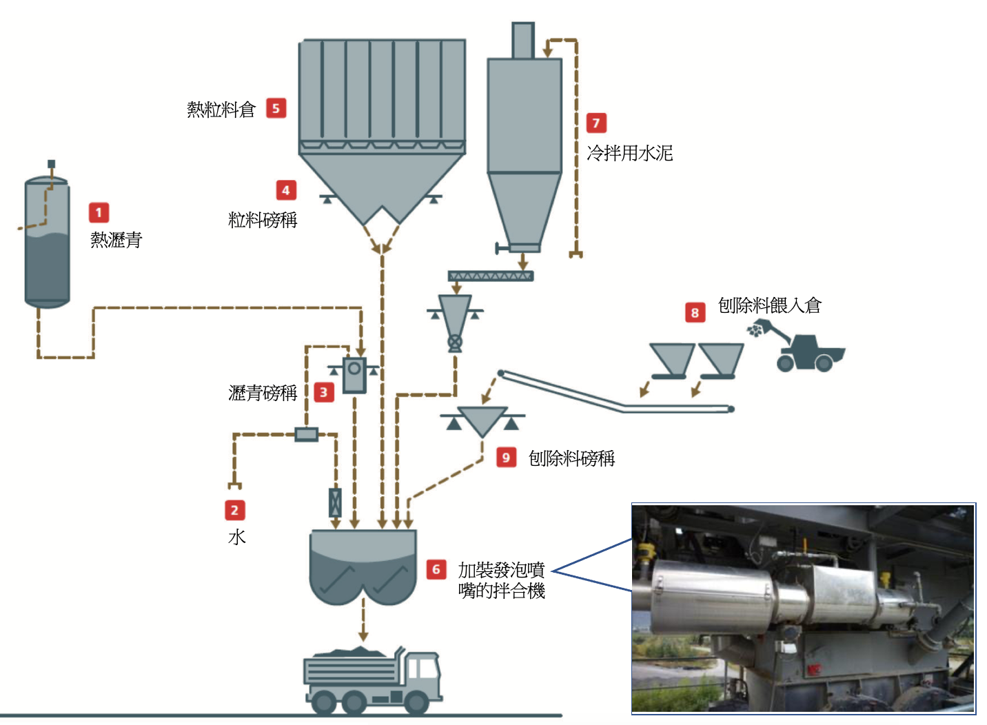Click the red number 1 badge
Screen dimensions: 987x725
[x=99, y=213]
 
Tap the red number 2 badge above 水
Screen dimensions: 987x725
[x=235, y=510]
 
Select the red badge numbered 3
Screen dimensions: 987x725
[x=324, y=392]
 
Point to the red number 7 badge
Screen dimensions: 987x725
[x=596, y=123]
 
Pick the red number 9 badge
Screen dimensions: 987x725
[x=507, y=457]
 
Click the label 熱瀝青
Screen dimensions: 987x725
[x=116, y=240]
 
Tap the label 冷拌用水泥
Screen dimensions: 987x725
[x=630, y=153]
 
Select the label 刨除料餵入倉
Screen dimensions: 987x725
[x=770, y=305]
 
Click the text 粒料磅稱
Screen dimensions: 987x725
[x=263, y=220]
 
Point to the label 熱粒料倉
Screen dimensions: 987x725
[x=221, y=110]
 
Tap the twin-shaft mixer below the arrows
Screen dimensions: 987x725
[x=363, y=567]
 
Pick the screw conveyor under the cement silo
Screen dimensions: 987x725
[x=491, y=276]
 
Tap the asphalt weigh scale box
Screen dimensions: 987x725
[x=355, y=374]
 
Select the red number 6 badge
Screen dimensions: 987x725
[x=436, y=569]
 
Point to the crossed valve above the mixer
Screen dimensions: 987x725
[x=335, y=503]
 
